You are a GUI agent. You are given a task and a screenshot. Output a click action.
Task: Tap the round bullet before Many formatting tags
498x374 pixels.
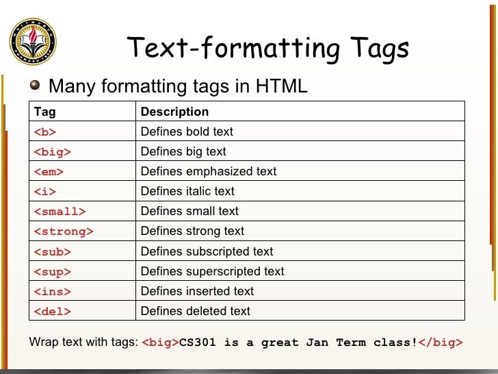click(36, 86)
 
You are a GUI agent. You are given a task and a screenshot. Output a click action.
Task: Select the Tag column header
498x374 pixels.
click(45, 112)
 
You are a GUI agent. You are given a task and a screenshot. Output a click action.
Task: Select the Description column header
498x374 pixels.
click(174, 112)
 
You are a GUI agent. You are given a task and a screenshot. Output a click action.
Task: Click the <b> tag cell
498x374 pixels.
click(45, 132)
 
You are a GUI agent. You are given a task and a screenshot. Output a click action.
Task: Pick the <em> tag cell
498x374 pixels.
click(49, 171)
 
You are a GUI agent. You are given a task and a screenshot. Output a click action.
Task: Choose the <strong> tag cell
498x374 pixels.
click(64, 232)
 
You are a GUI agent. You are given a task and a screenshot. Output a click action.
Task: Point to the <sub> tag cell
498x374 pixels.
click(53, 251)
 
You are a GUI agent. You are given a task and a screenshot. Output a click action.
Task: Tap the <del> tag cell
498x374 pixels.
click(53, 311)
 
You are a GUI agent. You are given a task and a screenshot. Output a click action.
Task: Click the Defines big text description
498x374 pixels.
click(183, 151)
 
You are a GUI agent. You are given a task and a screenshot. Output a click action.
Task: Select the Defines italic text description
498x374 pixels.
click(187, 191)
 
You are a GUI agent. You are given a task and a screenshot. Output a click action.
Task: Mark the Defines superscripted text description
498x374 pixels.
click(212, 271)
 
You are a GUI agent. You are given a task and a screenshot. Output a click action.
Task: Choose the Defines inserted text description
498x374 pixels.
click(197, 291)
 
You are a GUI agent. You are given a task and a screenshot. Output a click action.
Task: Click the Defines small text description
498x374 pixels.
click(189, 211)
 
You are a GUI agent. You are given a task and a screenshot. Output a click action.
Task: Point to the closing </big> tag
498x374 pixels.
click(441, 342)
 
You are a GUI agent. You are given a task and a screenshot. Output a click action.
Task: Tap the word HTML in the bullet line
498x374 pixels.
click(282, 86)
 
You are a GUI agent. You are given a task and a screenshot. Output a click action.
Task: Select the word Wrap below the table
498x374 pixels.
click(42, 342)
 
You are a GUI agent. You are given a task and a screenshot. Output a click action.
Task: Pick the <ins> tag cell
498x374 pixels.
click(53, 291)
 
